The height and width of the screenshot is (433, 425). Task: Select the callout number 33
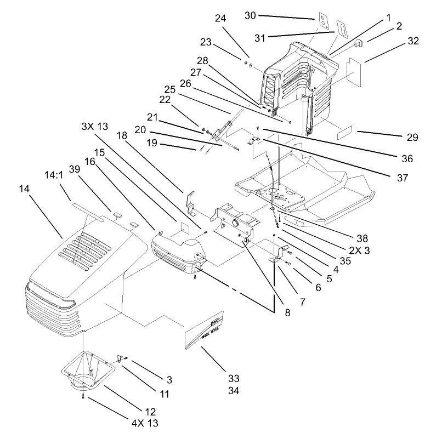(x=234, y=378)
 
